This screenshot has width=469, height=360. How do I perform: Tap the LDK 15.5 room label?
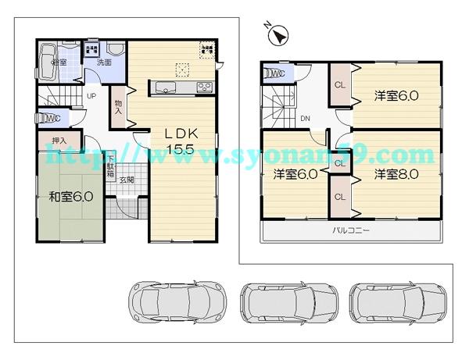[179, 141]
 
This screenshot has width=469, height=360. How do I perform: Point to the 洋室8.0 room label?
[396, 173]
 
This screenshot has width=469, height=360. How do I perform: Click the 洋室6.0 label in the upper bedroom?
[396, 96]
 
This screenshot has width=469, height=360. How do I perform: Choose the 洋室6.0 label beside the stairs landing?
[295, 173]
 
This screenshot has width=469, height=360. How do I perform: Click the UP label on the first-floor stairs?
[91, 97]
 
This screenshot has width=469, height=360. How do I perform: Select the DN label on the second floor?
[306, 119]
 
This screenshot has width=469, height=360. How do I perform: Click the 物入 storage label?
[117, 106]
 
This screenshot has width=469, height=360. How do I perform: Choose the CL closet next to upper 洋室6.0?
[340, 85]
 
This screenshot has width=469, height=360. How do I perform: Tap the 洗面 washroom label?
[104, 62]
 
